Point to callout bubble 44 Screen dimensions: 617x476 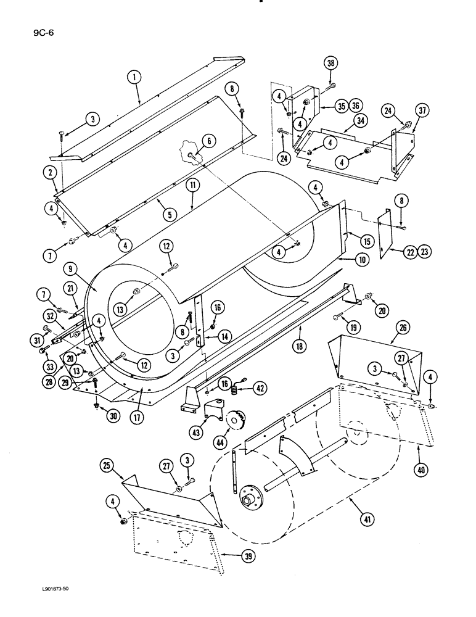[x=220, y=442]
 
